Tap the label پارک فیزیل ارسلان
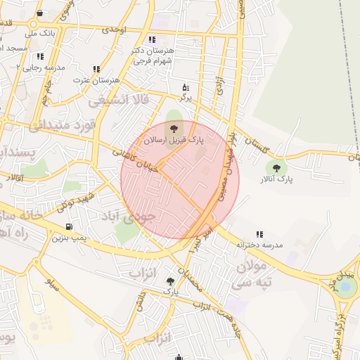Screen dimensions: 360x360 click(174, 141)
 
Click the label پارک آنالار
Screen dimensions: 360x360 click(275, 181)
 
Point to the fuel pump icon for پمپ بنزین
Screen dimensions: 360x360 click(69, 226)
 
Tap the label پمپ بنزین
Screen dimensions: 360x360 click(69, 238)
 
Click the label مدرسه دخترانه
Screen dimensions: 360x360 click(259, 245)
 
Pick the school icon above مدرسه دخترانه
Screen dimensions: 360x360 click(259, 234)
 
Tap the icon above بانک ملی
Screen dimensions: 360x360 click(39, 13)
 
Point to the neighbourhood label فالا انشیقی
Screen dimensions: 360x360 click(119, 101)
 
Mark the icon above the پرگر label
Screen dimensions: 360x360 click(186, 88)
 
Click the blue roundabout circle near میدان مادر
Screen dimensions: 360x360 click(345, 288)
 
